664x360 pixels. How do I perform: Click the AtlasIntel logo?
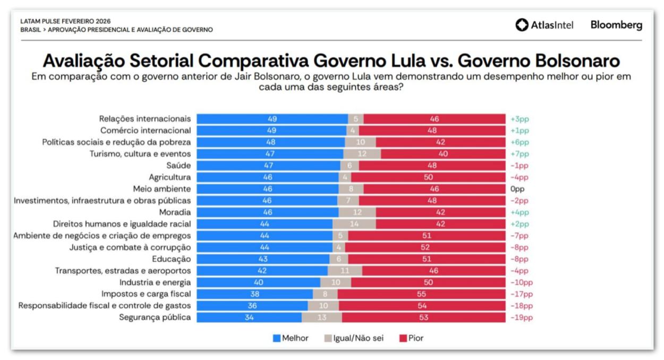[544, 25]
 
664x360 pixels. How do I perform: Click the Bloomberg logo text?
[616, 25]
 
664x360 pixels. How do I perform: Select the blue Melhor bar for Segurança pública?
[249, 318]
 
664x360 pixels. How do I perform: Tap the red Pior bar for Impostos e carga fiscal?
[421, 294]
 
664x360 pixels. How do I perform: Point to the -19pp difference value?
[521, 318]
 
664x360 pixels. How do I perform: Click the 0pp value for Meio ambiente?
[518, 189]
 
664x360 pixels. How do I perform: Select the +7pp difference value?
[520, 154]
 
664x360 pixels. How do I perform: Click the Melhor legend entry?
[290, 338]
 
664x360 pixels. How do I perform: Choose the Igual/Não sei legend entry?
[353, 338]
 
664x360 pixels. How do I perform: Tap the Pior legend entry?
[411, 338]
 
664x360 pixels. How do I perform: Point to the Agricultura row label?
[169, 177]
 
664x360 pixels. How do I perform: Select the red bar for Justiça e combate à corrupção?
[425, 247]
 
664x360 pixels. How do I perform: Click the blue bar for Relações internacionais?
[272, 119]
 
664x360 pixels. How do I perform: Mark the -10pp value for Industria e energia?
[521, 282]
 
